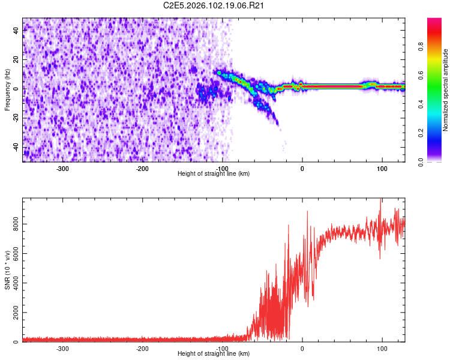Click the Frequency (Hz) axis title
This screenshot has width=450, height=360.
(x=7, y=89)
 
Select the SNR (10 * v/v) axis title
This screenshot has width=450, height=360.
(x=7, y=269)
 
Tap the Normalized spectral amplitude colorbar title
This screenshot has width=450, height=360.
(x=446, y=90)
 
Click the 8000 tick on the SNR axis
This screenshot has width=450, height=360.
(x=12, y=224)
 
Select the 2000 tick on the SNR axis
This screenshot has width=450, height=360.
(x=12, y=313)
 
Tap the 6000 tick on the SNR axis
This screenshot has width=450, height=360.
(x=12, y=254)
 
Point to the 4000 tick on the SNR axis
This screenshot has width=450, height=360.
(x=12, y=283)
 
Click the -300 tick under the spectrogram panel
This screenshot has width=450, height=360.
(x=62, y=169)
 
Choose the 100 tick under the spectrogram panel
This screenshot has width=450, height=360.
(x=382, y=169)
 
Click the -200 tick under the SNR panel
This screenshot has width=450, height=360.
(x=142, y=349)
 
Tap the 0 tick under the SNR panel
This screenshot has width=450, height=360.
(x=302, y=349)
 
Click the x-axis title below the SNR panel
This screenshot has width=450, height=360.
(x=214, y=354)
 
